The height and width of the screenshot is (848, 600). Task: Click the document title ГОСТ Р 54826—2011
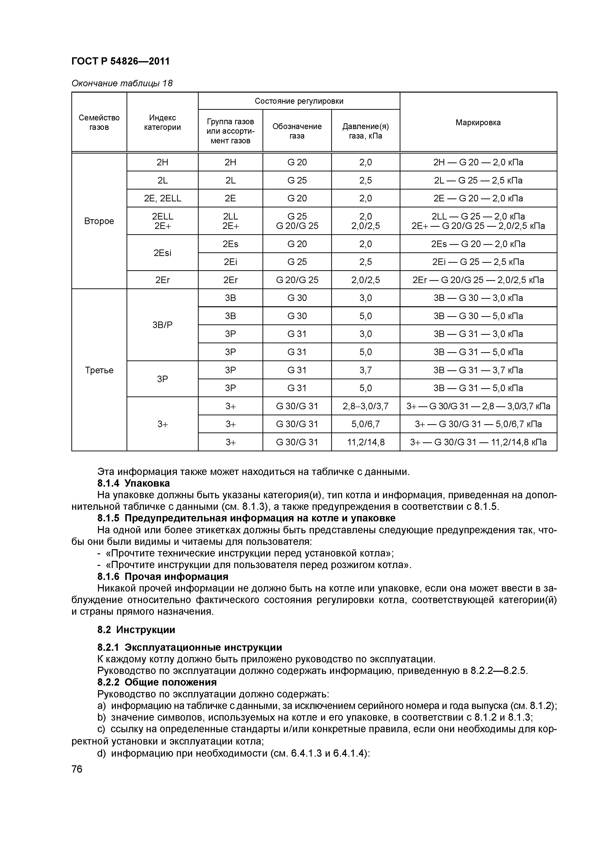120,61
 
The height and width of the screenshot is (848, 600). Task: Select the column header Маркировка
478,122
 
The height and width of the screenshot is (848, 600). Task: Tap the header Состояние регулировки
299,101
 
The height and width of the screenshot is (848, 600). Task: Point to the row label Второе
99,221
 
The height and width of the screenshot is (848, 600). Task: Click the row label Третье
99,370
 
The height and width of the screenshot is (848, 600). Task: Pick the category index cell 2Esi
162,253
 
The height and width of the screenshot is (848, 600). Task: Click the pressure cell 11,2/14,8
365,442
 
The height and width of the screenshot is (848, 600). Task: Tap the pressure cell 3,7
365,370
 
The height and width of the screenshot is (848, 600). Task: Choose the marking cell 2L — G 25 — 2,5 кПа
478,180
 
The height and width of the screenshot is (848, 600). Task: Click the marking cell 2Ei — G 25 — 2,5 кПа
478,262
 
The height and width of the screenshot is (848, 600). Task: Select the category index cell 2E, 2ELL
162,198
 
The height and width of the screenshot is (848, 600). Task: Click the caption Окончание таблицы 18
122,83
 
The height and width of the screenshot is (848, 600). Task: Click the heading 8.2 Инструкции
136,629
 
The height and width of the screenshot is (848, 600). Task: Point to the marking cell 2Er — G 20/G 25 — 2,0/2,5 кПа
478,280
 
